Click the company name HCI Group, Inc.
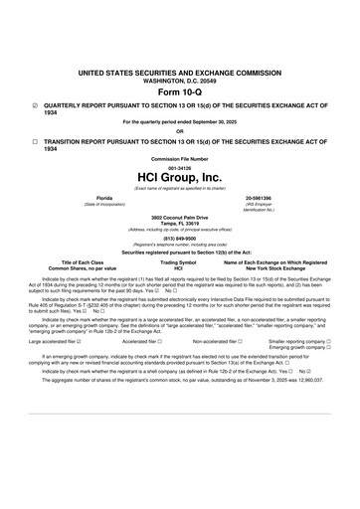click(x=180, y=177)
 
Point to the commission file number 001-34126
click(x=180, y=167)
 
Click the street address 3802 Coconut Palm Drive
click(x=180, y=217)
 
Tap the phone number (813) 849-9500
click(x=180, y=238)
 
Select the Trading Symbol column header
click(x=179, y=262)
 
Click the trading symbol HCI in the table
click(x=179, y=268)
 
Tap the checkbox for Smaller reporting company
click(x=328, y=340)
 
